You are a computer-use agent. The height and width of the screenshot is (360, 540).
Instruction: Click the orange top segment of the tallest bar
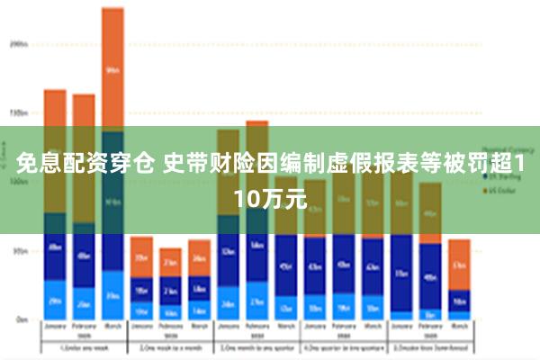click(112, 68)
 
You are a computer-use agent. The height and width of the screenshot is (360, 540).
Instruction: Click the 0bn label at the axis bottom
click(20, 319)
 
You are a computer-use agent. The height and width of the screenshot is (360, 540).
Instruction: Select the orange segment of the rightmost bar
click(459, 265)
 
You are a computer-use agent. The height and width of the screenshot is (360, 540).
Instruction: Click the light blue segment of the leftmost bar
click(55, 300)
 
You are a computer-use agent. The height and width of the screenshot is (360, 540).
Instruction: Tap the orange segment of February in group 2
click(170, 262)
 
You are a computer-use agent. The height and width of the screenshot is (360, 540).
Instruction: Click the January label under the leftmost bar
click(55, 328)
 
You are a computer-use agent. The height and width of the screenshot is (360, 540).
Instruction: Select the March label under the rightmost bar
click(459, 328)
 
